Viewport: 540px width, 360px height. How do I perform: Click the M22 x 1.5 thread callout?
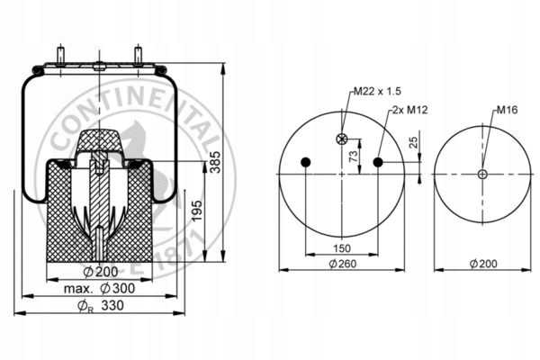377,91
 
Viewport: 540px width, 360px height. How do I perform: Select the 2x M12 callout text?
409,110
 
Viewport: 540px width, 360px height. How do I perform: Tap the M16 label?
507,110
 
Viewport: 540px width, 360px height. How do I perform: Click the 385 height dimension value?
216,162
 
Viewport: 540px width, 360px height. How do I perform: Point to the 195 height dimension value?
197,211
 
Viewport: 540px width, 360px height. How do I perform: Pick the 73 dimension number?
354,156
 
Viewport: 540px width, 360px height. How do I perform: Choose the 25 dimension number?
413,142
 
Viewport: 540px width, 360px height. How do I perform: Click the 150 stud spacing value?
342,248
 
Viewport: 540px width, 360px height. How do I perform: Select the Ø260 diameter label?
343,264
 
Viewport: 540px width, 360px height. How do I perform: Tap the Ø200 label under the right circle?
483,264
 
